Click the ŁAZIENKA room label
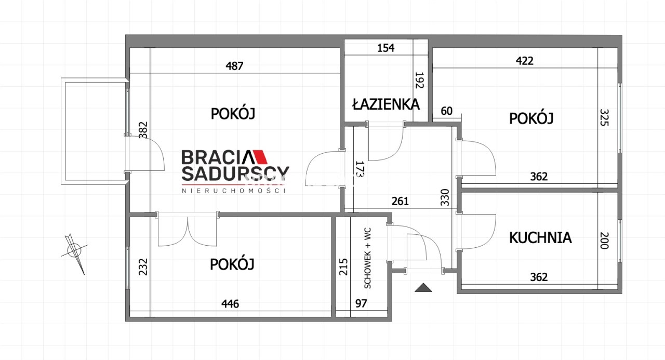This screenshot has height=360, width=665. (x=386, y=104)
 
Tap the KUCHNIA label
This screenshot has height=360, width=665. (x=540, y=238)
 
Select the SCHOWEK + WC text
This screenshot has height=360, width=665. (x=367, y=258)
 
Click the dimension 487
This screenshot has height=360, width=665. (x=234, y=65)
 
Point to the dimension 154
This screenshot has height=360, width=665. (x=385, y=48)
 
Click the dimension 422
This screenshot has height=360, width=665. (x=525, y=61)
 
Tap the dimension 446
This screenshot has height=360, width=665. (x=230, y=303)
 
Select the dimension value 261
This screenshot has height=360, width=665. (x=400, y=201)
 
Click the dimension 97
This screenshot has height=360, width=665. (x=361, y=303)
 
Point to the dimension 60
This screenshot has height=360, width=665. (x=446, y=111)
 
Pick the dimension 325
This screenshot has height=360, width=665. (x=604, y=117)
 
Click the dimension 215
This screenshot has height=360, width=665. (x=343, y=267)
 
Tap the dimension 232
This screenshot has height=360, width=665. (x=143, y=267)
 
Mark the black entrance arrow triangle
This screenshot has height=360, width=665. (x=423, y=288)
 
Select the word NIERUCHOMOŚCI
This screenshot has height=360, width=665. (x=233, y=191)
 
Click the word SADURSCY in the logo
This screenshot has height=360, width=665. (x=235, y=174)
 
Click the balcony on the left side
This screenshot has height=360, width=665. (x=95, y=131)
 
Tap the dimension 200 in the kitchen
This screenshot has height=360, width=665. (x=604, y=241)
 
